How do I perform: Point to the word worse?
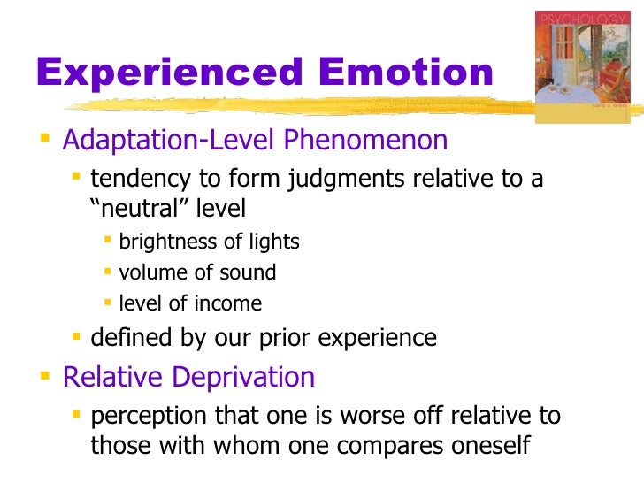379,416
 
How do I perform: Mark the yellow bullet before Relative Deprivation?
46,377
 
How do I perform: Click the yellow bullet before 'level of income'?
108,303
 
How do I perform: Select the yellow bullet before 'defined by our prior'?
78,336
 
